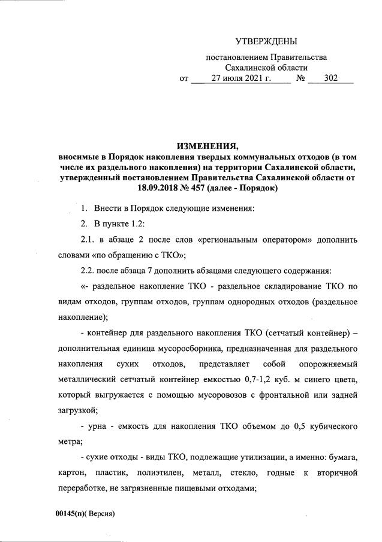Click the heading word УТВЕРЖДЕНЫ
(x=266, y=41)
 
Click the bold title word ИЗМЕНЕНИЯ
(x=207, y=146)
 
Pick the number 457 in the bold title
(x=196, y=188)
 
